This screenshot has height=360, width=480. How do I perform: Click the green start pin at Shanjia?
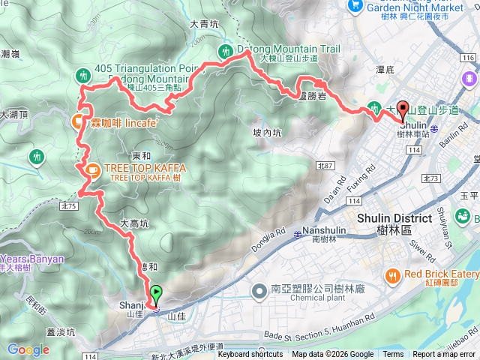156,295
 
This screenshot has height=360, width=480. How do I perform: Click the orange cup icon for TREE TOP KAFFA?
93,171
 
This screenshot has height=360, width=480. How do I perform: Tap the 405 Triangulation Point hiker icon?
83,73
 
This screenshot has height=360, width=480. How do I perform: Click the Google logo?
28,349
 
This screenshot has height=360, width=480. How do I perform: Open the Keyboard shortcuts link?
250,355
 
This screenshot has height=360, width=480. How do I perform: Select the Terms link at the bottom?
393,355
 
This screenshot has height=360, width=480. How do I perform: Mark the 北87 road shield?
324,166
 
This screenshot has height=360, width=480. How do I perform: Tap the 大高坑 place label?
135,223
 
